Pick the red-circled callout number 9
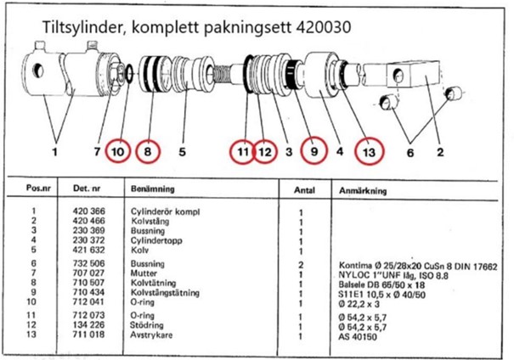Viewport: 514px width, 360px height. (312, 152)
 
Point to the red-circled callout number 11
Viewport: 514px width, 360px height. (244, 152)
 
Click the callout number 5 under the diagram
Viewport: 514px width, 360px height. (180, 153)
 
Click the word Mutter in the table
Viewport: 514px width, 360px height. (143, 273)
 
